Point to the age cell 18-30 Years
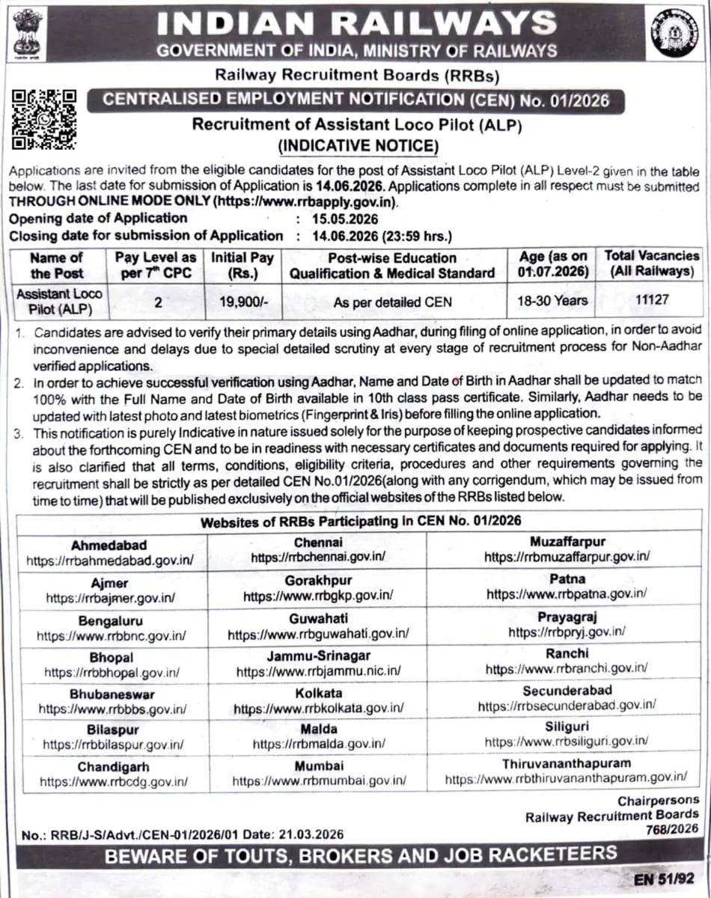point(552,301)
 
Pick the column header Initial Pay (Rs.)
point(242,265)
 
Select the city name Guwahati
point(318,618)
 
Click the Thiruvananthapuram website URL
point(566,779)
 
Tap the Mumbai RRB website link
point(319,781)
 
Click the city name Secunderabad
point(567,690)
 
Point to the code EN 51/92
point(665,879)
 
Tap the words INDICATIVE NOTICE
point(358,145)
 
